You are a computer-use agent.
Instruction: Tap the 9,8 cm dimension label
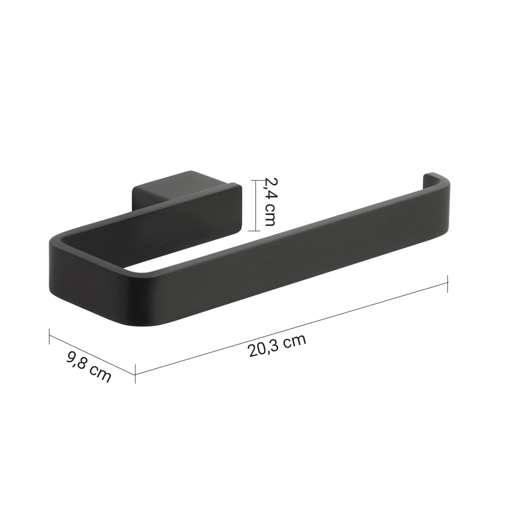(89, 366)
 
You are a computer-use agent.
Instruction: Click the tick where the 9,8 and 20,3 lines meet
(135, 374)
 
